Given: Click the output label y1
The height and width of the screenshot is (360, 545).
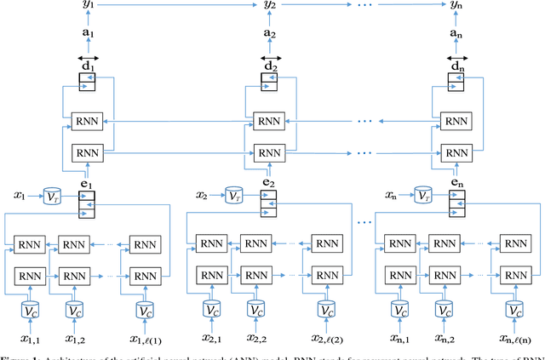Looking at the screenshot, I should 87,6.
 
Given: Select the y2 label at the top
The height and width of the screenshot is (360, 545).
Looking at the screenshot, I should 270,6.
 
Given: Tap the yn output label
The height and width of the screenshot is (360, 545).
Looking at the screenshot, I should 457,6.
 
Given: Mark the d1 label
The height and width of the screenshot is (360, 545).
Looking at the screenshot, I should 86,66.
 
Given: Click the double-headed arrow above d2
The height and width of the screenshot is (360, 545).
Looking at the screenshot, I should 270,56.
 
